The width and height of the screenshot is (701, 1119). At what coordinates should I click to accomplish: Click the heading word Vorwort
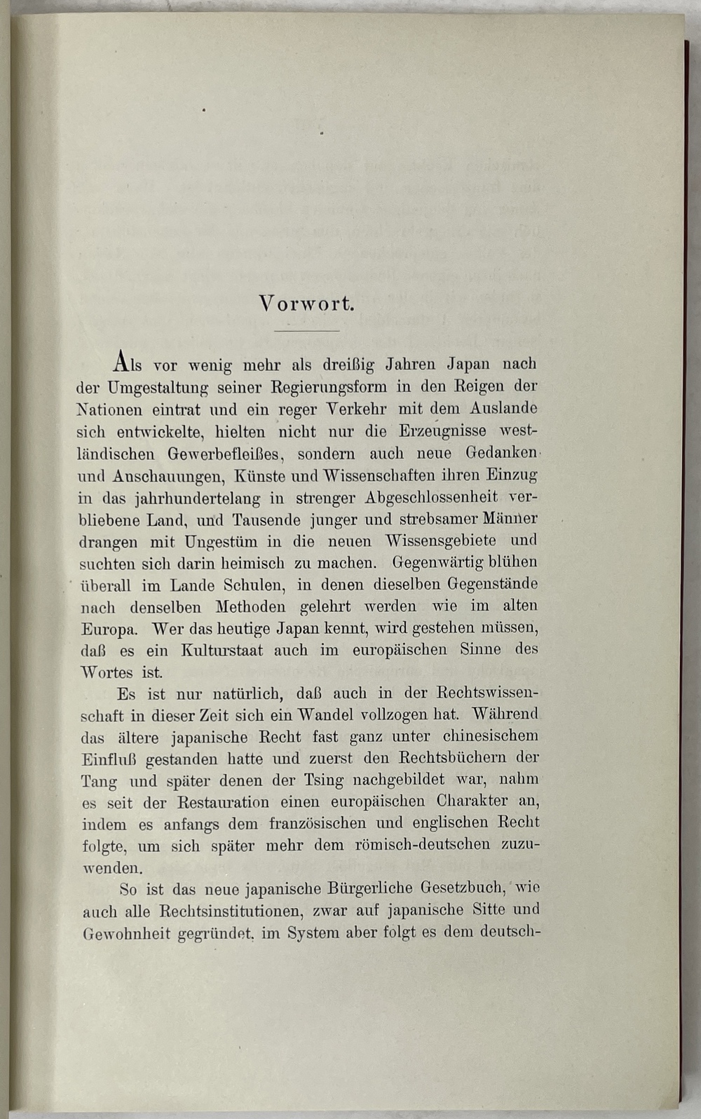306,304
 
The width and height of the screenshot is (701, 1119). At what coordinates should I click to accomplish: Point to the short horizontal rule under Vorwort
306,330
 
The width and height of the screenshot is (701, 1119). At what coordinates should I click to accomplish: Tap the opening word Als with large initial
127,363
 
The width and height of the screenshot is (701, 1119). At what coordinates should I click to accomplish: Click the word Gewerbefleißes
225,454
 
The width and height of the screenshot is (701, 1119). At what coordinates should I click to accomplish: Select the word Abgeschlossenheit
431,497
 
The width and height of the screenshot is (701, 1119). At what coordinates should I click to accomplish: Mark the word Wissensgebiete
440,541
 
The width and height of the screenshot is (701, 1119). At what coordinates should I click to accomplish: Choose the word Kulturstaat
222,650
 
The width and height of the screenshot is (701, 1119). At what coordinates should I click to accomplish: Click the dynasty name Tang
99,781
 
